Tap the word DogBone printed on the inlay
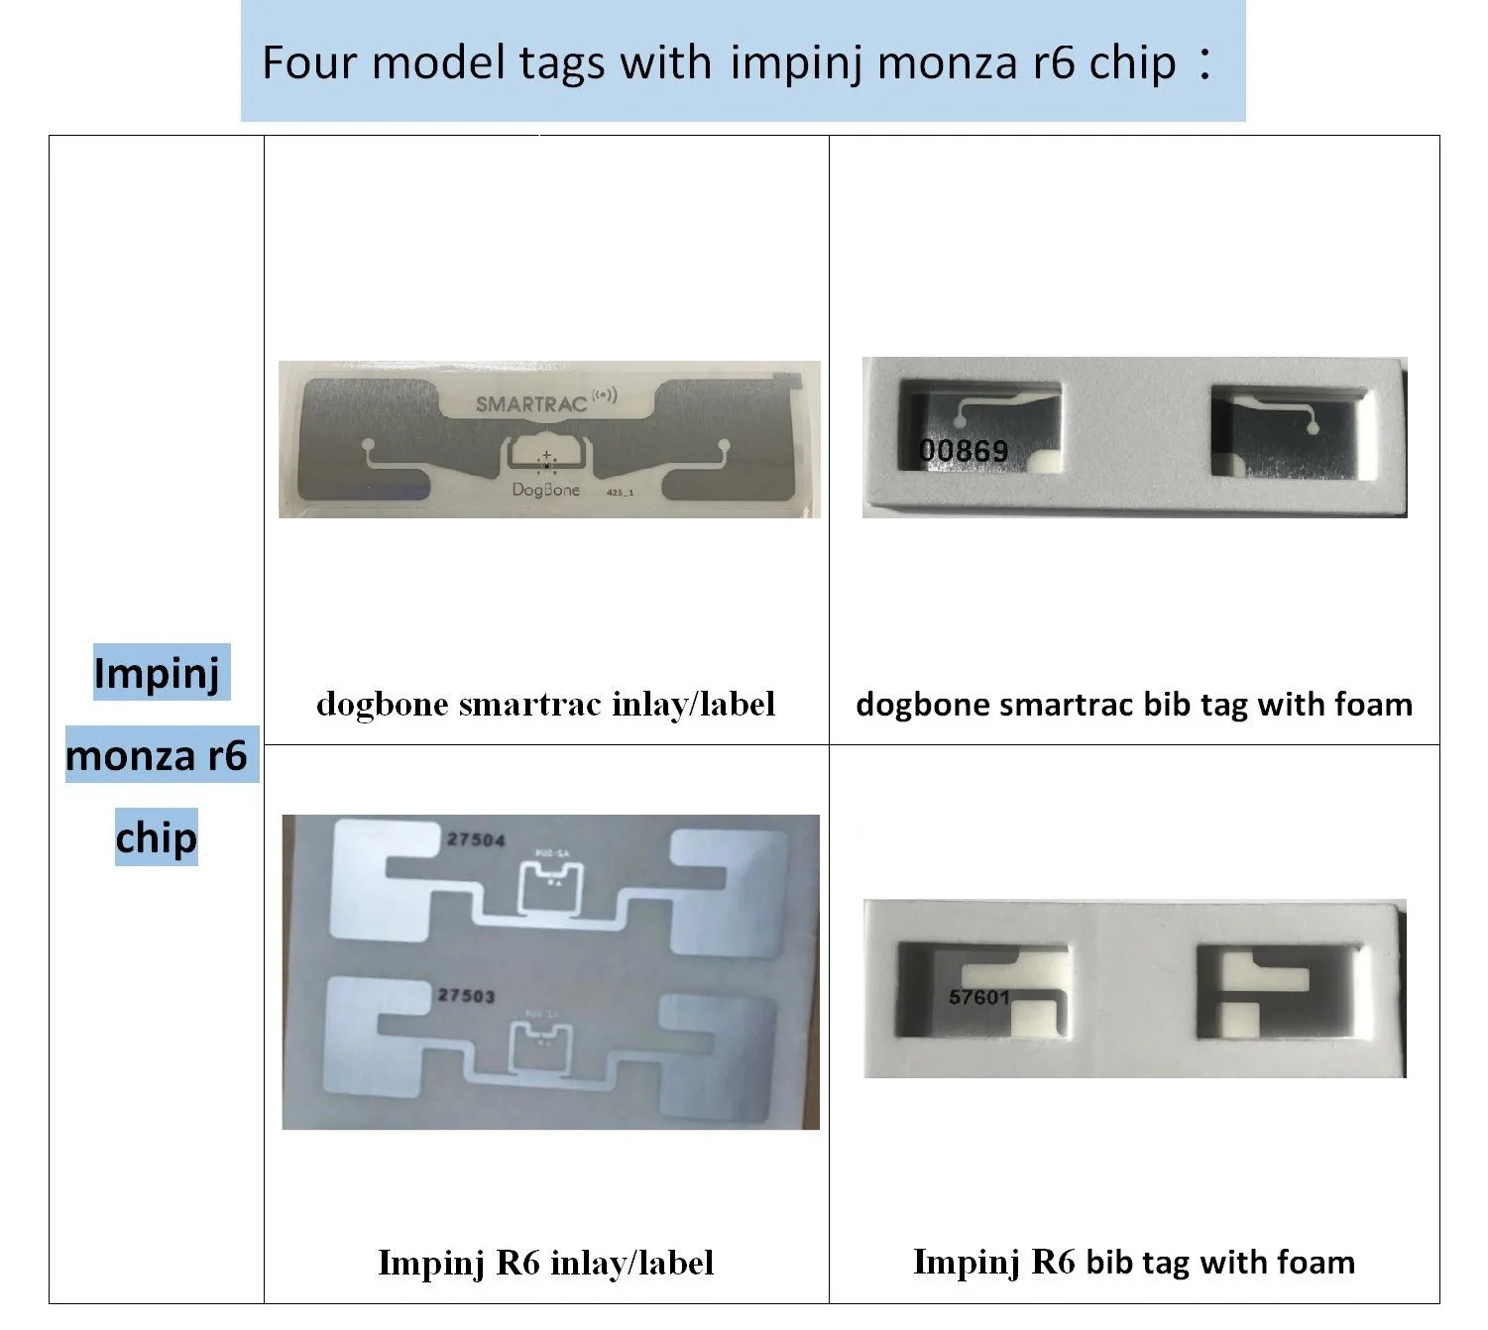[545, 489]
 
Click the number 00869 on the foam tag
[964, 451]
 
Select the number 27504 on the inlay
[476, 839]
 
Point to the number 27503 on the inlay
[466, 995]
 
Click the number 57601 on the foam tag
[978, 996]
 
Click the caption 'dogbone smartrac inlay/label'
[545, 704]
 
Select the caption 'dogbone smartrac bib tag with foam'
[1134, 704]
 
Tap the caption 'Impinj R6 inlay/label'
[545, 1262]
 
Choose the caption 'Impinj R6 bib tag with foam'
[1134, 1262]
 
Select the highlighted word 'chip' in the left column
[157, 837]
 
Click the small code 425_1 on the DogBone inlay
[620, 492]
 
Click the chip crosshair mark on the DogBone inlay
[546, 463]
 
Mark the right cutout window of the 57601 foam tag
[1279, 992]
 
